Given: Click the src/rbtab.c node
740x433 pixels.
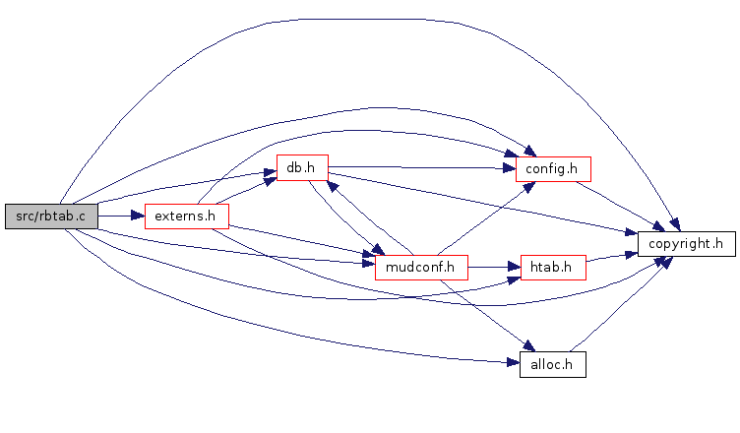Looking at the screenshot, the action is click(51, 216).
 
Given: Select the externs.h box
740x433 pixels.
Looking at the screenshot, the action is click(187, 216).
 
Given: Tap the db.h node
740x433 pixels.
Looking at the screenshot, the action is click(302, 167).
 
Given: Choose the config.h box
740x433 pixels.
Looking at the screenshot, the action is click(553, 169).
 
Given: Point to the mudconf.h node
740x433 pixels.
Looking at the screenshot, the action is click(421, 268).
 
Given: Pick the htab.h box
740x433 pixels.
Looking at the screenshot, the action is click(553, 268).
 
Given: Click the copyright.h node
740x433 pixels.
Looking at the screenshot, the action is click(687, 244).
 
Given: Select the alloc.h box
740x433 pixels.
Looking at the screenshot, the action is click(553, 364).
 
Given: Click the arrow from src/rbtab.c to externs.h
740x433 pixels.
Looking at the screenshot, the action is click(121, 216).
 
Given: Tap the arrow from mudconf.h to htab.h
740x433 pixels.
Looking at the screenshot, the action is click(494, 267).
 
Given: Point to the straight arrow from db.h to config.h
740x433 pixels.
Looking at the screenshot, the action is click(422, 167).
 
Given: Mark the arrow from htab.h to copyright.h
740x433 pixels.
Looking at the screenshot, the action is click(612, 257).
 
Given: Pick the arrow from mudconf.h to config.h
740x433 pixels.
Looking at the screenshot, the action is click(486, 218).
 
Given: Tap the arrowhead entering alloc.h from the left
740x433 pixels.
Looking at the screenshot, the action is click(514, 362).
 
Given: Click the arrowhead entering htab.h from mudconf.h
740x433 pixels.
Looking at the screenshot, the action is click(514, 267).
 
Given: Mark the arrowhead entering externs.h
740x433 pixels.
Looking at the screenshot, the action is click(138, 216).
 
